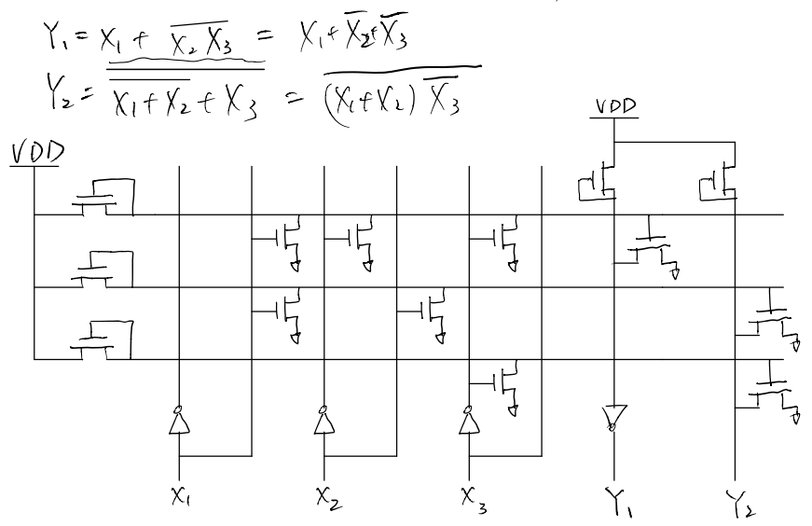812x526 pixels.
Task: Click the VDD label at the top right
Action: tap(614, 107)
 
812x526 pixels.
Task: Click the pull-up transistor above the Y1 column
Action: tap(598, 179)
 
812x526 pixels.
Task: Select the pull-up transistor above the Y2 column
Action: tap(720, 179)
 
